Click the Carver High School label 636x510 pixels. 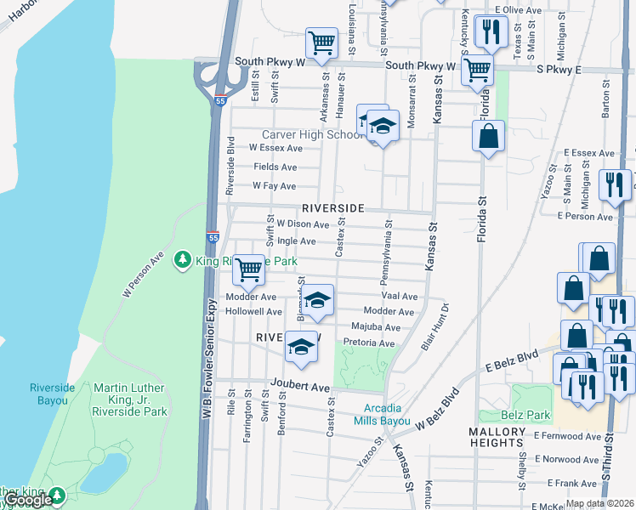click(x=312, y=134)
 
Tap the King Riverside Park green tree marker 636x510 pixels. click(x=181, y=259)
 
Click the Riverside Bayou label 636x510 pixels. click(x=52, y=394)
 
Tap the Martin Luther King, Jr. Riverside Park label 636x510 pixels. click(x=131, y=399)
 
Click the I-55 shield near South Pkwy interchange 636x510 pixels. click(x=220, y=99)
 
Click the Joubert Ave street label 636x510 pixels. click(x=300, y=386)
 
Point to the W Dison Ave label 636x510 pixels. click(x=302, y=224)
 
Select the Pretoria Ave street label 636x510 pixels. click(x=369, y=343)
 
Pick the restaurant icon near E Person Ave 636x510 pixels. click(x=614, y=184)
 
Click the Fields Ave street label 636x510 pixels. click(x=275, y=167)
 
